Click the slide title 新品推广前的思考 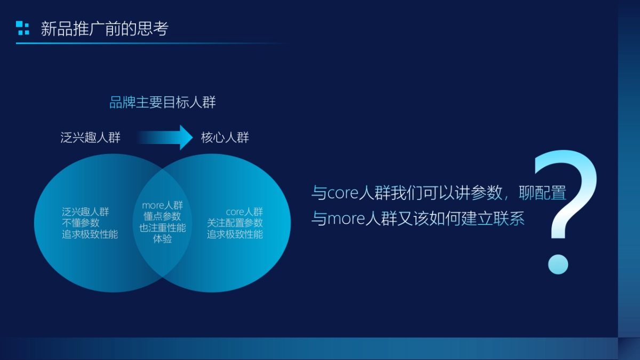pos(105,29)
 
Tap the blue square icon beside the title pos(22,28)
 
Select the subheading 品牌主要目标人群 pos(163,102)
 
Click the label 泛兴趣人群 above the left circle pos(91,138)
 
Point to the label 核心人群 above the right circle pos(225,138)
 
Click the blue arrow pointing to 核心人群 pos(165,138)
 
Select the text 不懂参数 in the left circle pos(81,223)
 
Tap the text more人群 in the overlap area pos(163,205)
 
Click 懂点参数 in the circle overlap pos(163,217)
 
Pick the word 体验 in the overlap pos(163,239)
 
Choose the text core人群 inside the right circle pos(244,212)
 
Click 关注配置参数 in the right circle pos(235,223)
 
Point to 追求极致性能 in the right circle pos(235,234)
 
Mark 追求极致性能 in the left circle pos(90,234)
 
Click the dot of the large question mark pos(558,264)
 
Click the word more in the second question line pos(346,219)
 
